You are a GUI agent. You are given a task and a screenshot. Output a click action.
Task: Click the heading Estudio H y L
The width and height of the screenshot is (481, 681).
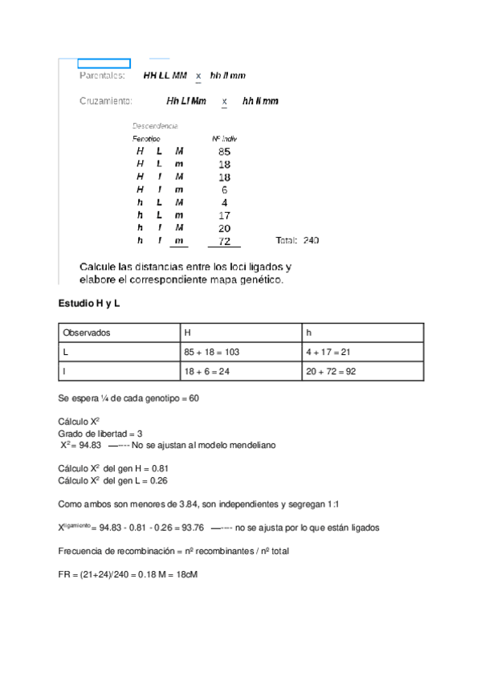click(x=88, y=304)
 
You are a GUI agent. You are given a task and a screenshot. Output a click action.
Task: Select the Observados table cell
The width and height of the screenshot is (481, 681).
click(x=89, y=332)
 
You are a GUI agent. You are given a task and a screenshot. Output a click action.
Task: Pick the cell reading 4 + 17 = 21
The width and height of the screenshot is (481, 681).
click(x=329, y=352)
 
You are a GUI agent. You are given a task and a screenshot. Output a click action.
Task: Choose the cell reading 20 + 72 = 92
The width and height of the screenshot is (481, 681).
click(x=332, y=372)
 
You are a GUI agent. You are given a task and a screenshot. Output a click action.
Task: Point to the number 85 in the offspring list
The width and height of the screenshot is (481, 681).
click(x=224, y=151)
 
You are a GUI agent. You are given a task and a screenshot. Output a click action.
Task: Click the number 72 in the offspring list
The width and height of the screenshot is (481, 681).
click(x=224, y=241)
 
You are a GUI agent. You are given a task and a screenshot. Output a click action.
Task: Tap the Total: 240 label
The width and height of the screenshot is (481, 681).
click(x=297, y=241)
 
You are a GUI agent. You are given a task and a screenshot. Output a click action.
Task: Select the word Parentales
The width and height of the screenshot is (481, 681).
click(x=101, y=75)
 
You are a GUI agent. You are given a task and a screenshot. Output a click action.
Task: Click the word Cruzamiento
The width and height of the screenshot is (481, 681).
click(x=105, y=101)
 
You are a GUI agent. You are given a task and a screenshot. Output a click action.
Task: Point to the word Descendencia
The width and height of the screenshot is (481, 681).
click(x=155, y=126)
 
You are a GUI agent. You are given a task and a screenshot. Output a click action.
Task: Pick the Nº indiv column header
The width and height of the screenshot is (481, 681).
click(x=224, y=139)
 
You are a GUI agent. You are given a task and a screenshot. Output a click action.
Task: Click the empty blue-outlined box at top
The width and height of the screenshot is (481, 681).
click(x=104, y=63)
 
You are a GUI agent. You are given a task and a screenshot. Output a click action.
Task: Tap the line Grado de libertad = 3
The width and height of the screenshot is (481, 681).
click(x=100, y=434)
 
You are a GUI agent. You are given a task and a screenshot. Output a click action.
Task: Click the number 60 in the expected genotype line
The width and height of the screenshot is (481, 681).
click(x=194, y=398)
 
